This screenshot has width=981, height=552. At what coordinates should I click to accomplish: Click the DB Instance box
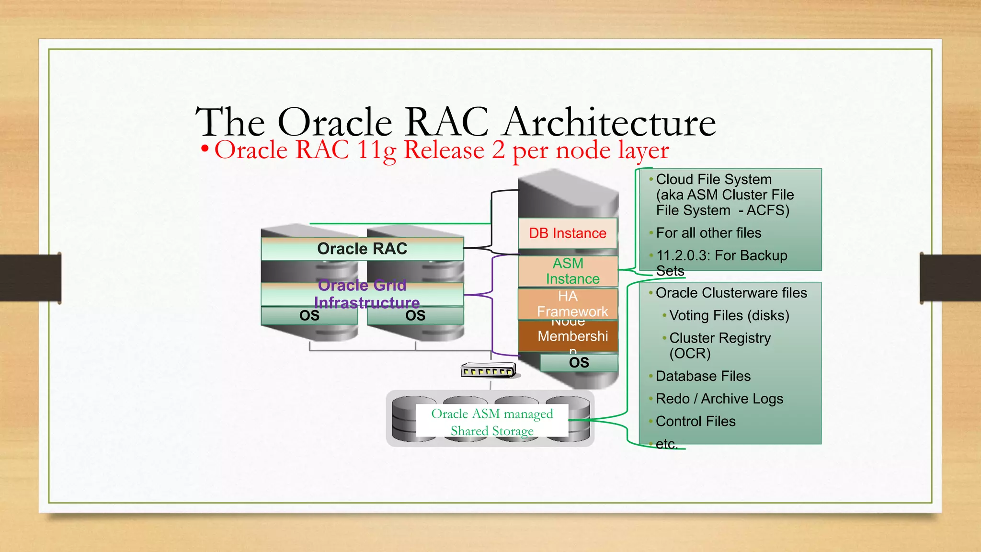pos(568,233)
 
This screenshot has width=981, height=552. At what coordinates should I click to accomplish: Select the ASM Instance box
pos(568,271)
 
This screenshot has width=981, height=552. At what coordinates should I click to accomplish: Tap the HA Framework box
pos(568,303)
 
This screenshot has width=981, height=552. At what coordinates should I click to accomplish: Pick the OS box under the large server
pos(579,363)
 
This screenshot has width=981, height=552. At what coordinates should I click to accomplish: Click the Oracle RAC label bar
pos(362,249)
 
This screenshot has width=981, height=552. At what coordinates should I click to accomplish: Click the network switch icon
pos(488,370)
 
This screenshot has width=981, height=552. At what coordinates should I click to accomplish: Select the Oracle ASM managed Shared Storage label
pos(492,422)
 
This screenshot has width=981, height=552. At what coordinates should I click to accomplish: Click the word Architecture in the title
pos(609,122)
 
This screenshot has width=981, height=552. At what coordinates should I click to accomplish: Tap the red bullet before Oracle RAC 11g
pos(205,149)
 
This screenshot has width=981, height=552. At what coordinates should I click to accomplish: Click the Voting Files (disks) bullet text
pos(729,315)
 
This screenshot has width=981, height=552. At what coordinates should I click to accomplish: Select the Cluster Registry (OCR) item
pos(719,345)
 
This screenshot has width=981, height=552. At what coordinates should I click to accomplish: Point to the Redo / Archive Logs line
pos(719,399)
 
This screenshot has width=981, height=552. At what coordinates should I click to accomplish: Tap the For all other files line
pos(708,233)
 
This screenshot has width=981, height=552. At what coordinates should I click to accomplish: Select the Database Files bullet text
pos(703,376)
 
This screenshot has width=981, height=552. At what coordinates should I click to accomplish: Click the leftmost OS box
pos(309,316)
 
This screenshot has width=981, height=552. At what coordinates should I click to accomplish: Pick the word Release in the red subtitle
pos(444,150)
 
